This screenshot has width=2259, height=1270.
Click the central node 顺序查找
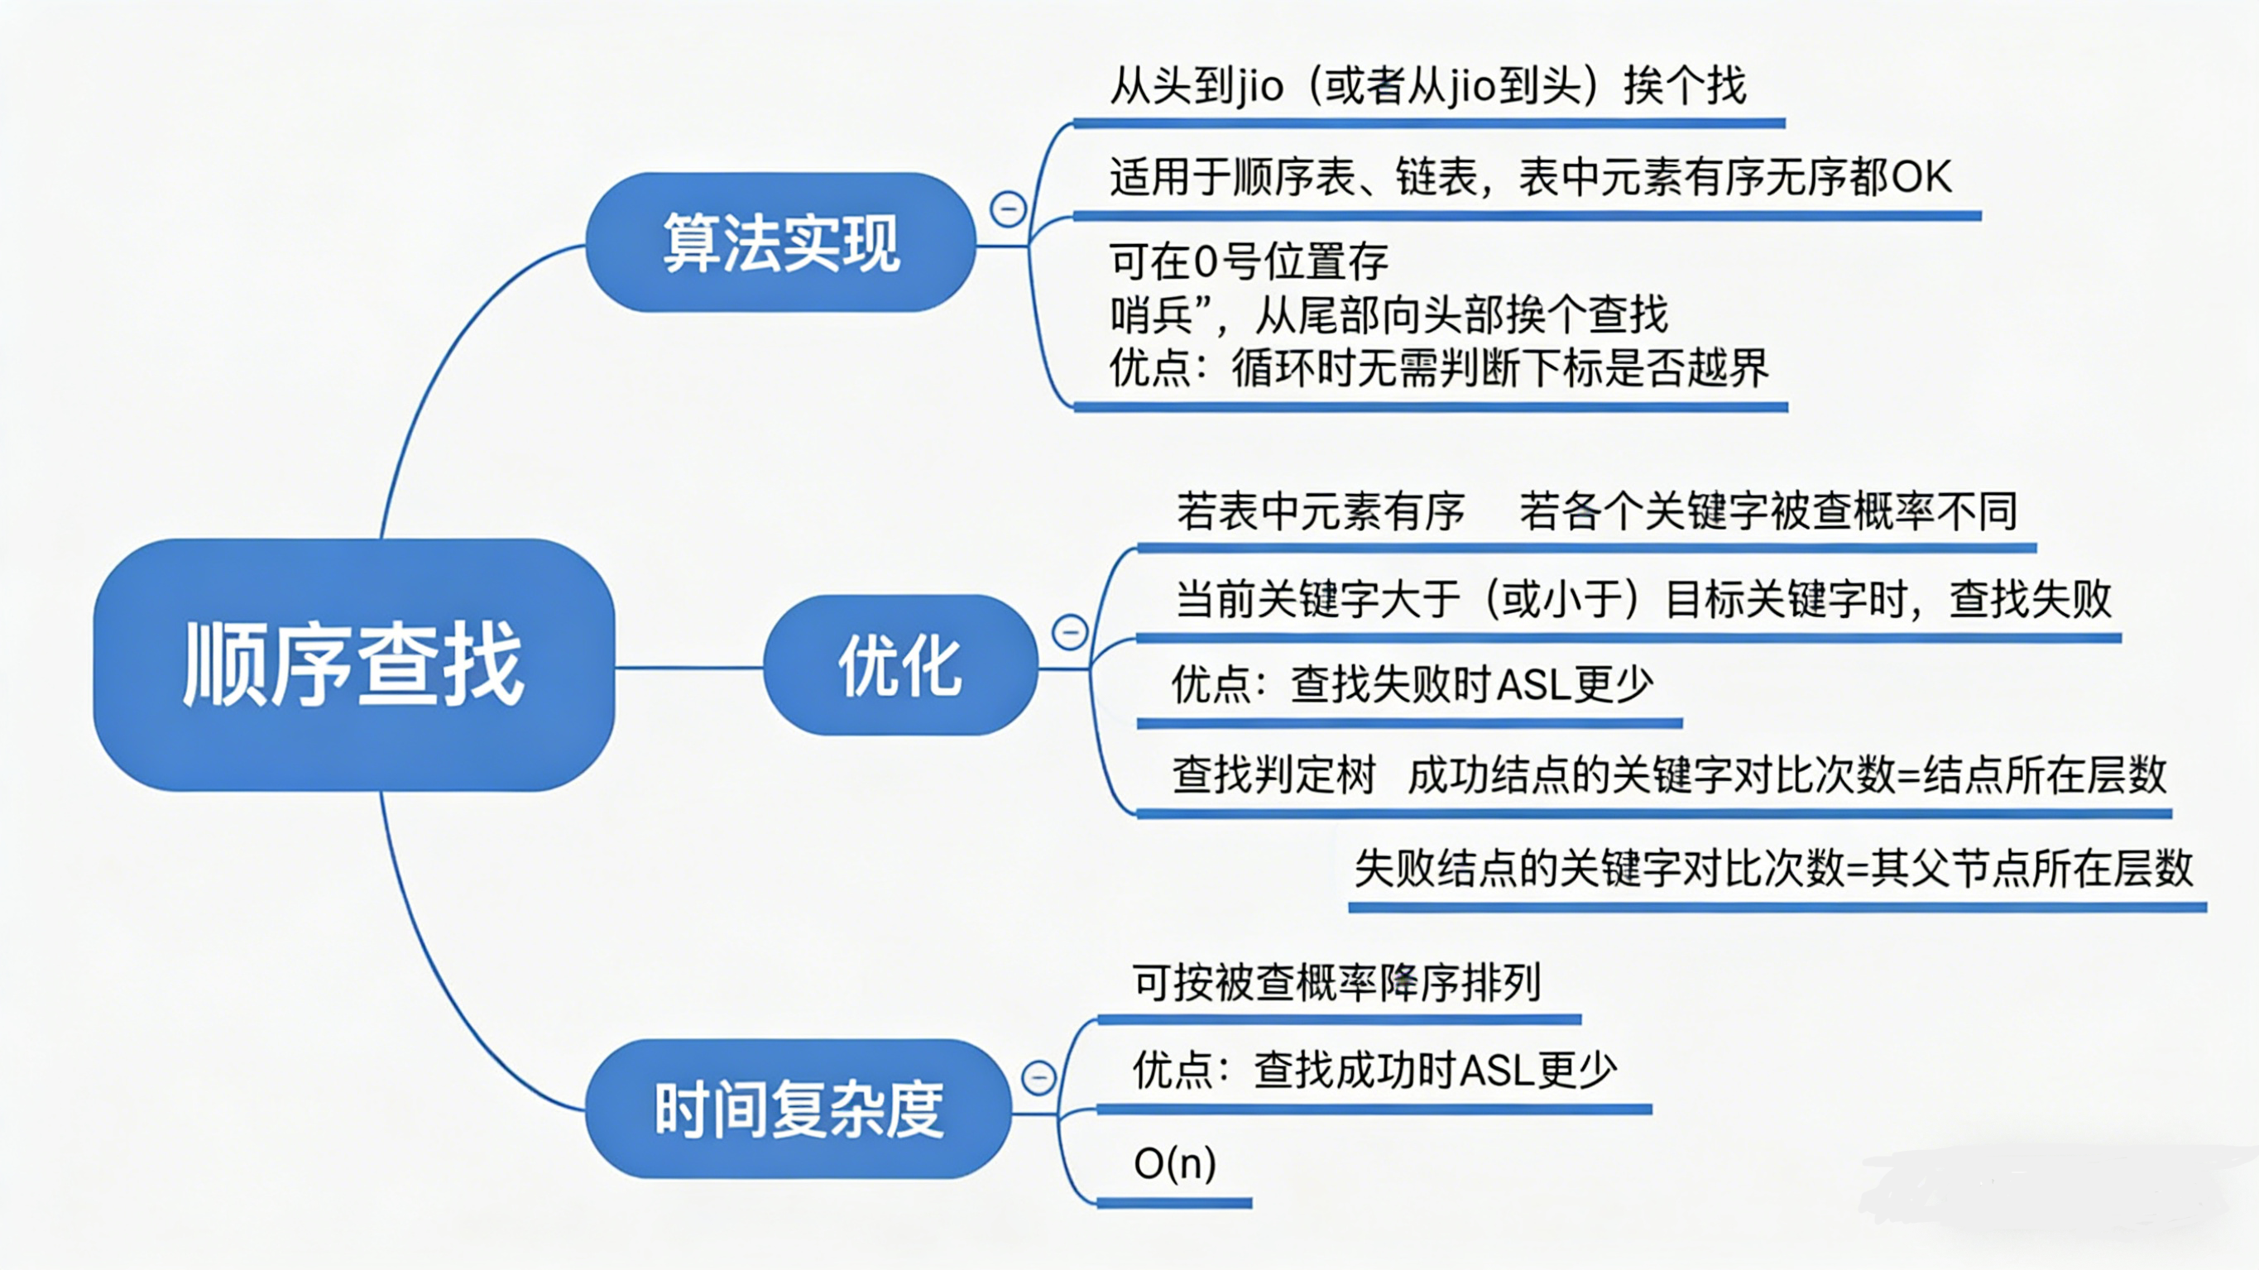tap(353, 665)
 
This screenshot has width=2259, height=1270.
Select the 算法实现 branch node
tap(780, 242)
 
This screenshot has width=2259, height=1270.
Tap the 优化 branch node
tap(900, 666)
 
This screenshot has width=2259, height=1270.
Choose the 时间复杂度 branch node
tap(798, 1109)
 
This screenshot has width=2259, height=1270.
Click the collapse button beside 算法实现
tap(1008, 208)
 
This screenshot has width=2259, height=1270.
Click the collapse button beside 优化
tap(1070, 631)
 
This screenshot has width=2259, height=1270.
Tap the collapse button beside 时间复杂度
tap(1039, 1076)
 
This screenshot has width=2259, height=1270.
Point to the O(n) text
tap(1174, 1164)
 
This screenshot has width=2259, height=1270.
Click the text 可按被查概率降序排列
tap(1336, 982)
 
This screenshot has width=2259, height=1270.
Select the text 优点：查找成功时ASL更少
tap(1374, 1070)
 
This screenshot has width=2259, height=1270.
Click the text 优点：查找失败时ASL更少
tap(1412, 684)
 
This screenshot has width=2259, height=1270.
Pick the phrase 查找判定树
tap(1273, 775)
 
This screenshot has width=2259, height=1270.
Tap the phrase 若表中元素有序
tap(1320, 511)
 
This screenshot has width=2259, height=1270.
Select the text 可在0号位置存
tap(1249, 261)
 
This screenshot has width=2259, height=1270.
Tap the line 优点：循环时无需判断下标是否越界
tap(1438, 367)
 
